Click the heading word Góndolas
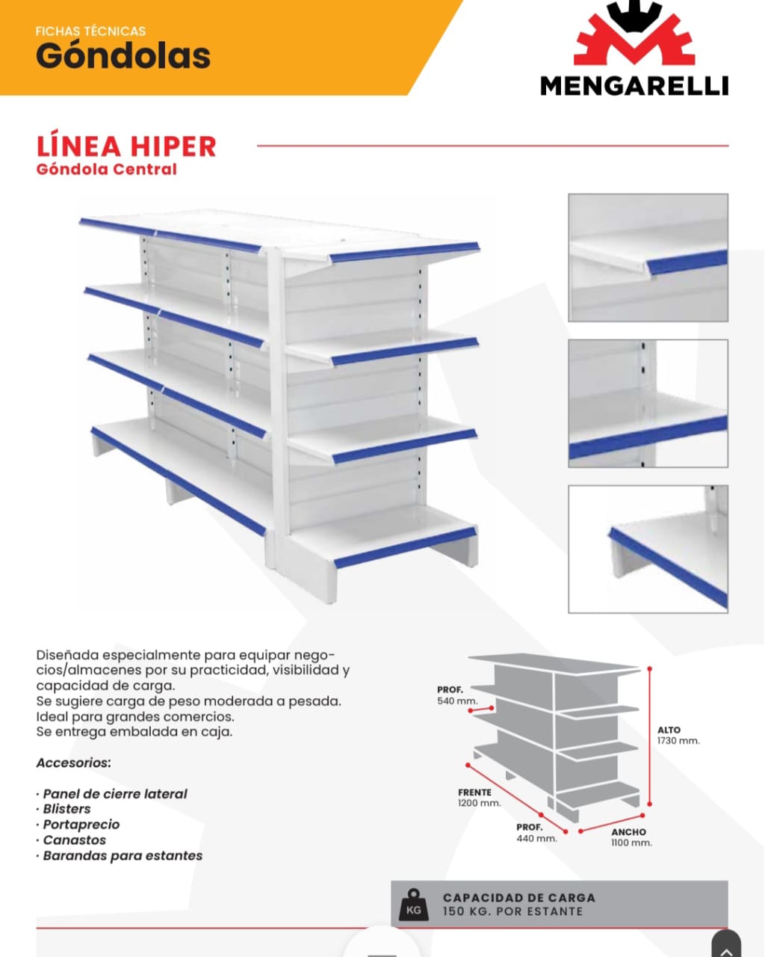coord(123,56)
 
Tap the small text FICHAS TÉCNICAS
coord(90,31)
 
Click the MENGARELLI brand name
coord(634,86)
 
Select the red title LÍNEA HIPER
coord(126,147)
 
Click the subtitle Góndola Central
coord(107,170)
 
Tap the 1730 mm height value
coord(678,740)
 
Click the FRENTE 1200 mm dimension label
coord(479,797)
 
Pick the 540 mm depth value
coord(457,701)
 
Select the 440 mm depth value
coord(536,838)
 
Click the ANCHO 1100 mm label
coord(631,837)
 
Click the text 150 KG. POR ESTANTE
coord(512,911)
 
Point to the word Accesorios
coord(74,763)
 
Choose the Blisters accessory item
coord(66,809)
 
